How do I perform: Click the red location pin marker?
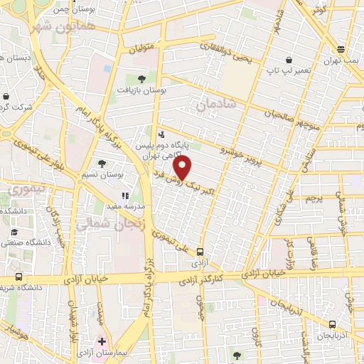(183, 168)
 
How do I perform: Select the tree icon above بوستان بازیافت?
(141, 79)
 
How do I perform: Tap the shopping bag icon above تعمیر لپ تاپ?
(288, 60)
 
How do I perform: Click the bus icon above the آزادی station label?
(200, 251)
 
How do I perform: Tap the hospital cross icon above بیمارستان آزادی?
(102, 341)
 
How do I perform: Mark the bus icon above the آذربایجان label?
(331, 325)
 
